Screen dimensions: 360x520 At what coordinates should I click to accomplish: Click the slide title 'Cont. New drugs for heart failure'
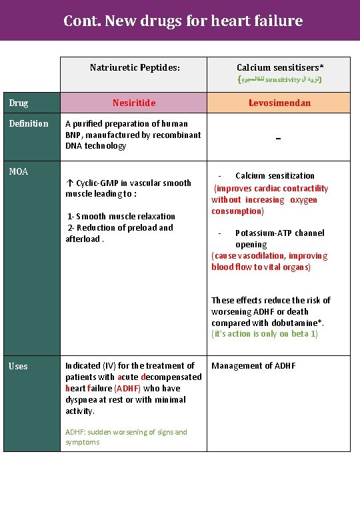pos(183,21)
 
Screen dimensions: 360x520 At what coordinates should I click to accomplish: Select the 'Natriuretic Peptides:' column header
pos(135,67)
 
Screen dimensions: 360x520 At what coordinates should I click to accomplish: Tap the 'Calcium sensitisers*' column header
pos(280,67)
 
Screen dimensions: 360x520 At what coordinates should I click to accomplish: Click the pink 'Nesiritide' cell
pos(134,103)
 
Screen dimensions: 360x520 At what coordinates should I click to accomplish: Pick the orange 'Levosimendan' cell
pos(280,103)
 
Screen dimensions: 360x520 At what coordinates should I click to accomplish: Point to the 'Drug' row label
pos(19,103)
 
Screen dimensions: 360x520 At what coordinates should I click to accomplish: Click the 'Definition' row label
pos(29,123)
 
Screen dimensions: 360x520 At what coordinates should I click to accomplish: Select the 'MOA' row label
pos(18,171)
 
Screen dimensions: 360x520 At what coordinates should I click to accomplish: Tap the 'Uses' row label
pos(18,366)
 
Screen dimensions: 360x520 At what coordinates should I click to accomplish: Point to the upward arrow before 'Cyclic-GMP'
pos(70,183)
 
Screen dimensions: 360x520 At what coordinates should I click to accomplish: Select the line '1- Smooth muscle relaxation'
pos(121,216)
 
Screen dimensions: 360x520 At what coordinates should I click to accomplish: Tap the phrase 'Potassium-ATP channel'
pos(279,233)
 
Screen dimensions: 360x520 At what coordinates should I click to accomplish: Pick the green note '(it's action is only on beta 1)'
pos(265,334)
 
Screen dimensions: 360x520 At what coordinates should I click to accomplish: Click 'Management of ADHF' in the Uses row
pos(253,366)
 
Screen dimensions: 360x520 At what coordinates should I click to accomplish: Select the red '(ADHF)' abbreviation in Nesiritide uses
pos(127,388)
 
